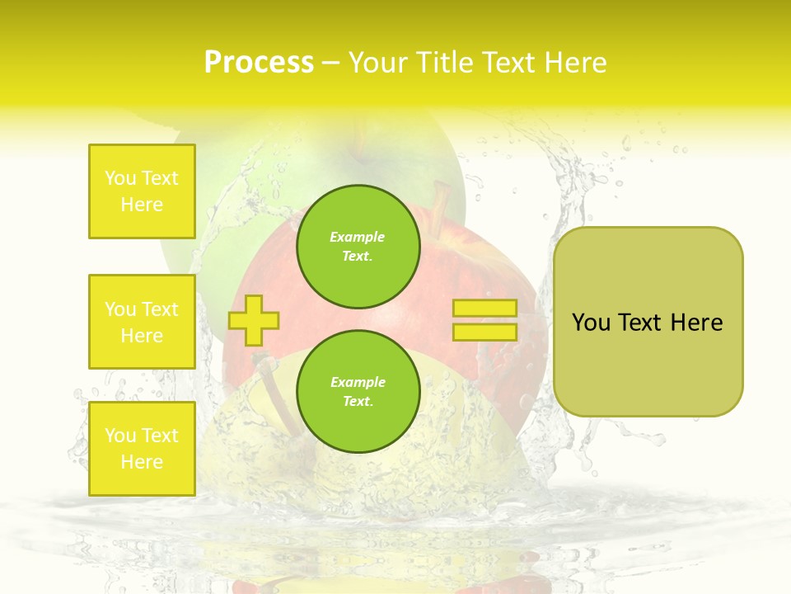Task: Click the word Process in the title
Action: [259, 63]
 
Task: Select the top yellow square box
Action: [142, 191]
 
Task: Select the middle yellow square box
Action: [142, 322]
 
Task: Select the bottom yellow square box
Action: [142, 449]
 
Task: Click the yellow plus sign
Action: [254, 320]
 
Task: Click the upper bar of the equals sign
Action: [484, 309]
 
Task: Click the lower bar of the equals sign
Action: [484, 332]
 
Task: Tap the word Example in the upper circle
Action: [358, 238]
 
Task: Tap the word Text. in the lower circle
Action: [358, 402]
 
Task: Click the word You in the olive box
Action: [592, 323]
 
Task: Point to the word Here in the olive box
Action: [696, 323]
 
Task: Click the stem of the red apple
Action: [441, 202]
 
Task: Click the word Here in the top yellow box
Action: [142, 205]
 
